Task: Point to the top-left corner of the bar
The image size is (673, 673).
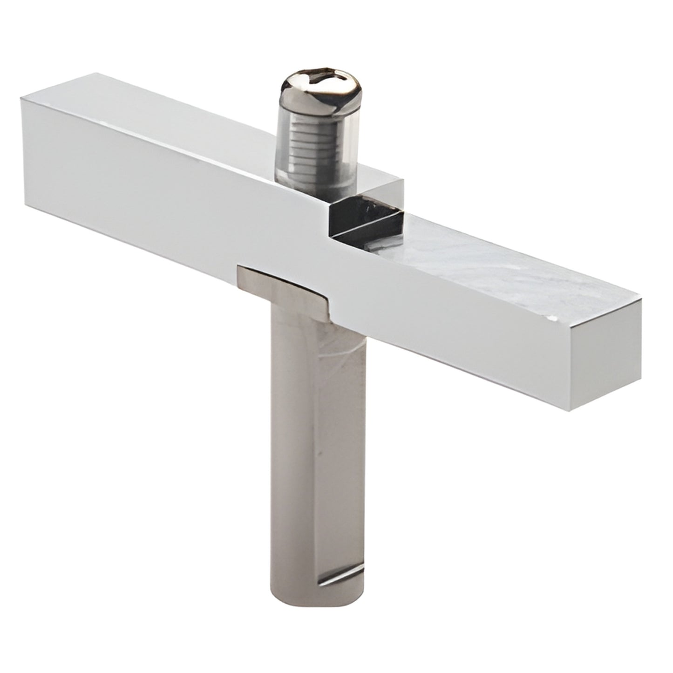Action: (21, 96)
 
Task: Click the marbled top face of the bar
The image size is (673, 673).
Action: (489, 261)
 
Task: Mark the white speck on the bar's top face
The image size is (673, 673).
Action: (553, 320)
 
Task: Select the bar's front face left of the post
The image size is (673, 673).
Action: (140, 196)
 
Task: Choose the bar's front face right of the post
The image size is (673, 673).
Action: (466, 326)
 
